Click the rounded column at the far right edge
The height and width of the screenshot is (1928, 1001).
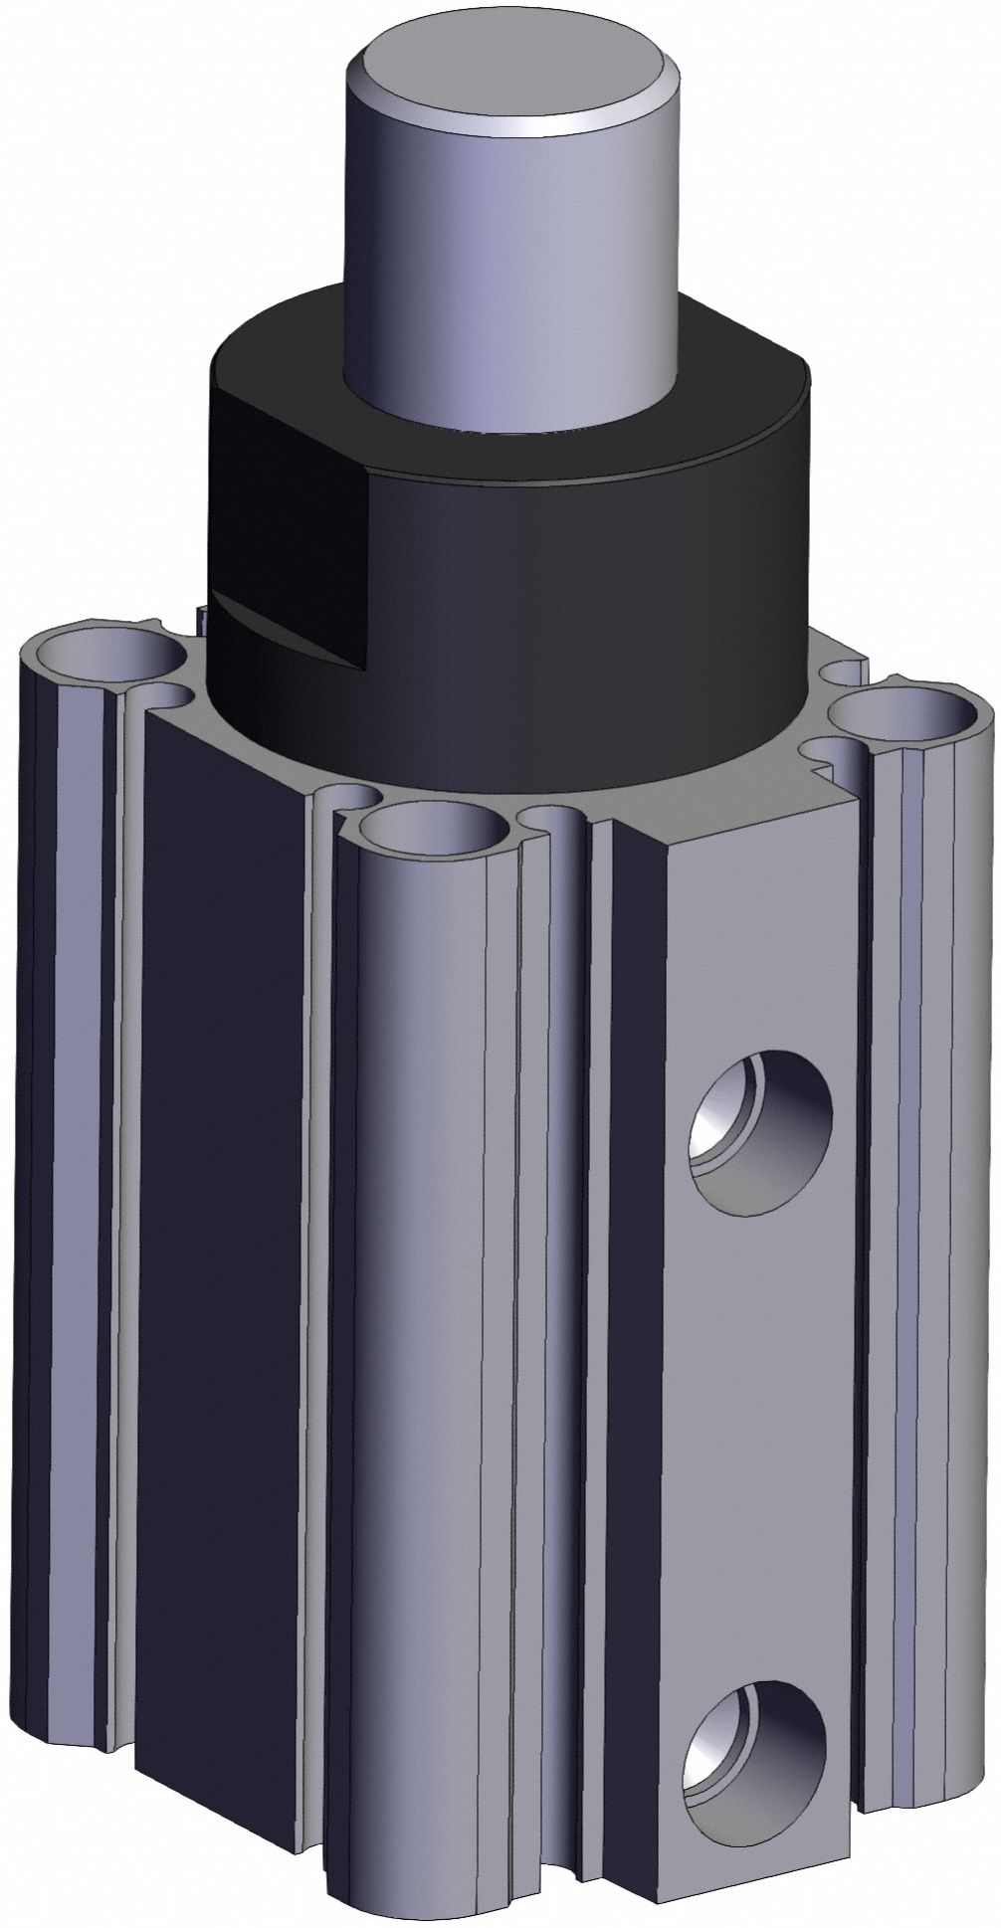click(925, 1293)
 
